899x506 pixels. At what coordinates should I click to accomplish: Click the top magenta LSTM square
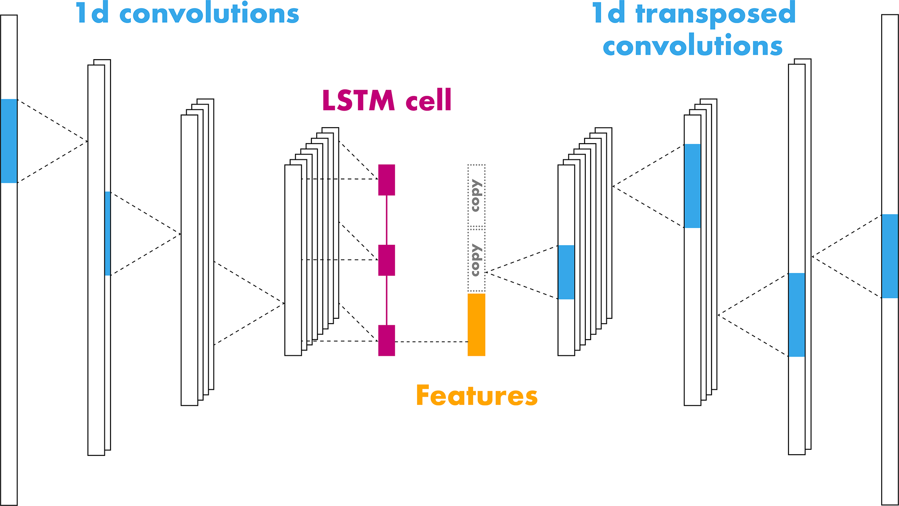click(386, 179)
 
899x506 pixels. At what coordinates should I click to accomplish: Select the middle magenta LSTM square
click(386, 260)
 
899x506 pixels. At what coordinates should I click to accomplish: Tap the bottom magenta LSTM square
click(386, 340)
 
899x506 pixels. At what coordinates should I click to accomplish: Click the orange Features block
click(476, 324)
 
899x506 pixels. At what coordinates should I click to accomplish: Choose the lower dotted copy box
click(476, 260)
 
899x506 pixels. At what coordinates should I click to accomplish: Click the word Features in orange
click(477, 395)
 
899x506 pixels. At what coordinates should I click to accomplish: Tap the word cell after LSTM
click(428, 101)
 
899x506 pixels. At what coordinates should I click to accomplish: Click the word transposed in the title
click(715, 14)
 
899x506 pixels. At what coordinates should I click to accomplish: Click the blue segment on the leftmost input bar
click(9, 141)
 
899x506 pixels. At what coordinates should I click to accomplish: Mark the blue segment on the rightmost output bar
click(889, 256)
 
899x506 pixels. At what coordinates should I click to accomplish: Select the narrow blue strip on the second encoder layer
click(107, 233)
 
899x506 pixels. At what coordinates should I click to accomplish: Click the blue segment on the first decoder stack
click(566, 272)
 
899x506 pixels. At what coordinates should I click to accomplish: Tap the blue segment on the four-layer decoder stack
click(692, 186)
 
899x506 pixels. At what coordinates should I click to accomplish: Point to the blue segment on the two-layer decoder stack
click(796, 315)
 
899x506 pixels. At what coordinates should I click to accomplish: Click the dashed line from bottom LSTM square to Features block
click(431, 342)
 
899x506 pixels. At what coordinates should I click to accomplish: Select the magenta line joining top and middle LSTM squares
click(387, 220)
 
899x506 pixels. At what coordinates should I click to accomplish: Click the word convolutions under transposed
click(692, 46)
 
